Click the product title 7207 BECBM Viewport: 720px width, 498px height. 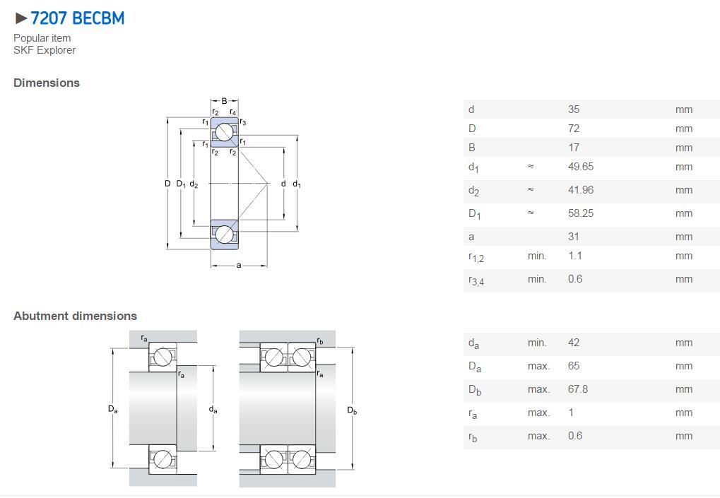click(x=77, y=18)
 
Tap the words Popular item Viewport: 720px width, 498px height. click(x=42, y=38)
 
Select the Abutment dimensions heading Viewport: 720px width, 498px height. click(x=76, y=316)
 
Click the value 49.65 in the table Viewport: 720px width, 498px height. click(x=581, y=166)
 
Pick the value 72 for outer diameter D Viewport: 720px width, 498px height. click(x=574, y=129)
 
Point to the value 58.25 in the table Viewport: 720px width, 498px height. click(x=581, y=213)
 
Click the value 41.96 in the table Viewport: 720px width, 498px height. click(x=581, y=189)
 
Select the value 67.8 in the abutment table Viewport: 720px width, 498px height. click(x=578, y=389)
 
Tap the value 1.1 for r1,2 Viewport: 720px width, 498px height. click(x=575, y=255)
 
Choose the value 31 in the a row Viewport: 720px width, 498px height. click(x=574, y=237)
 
